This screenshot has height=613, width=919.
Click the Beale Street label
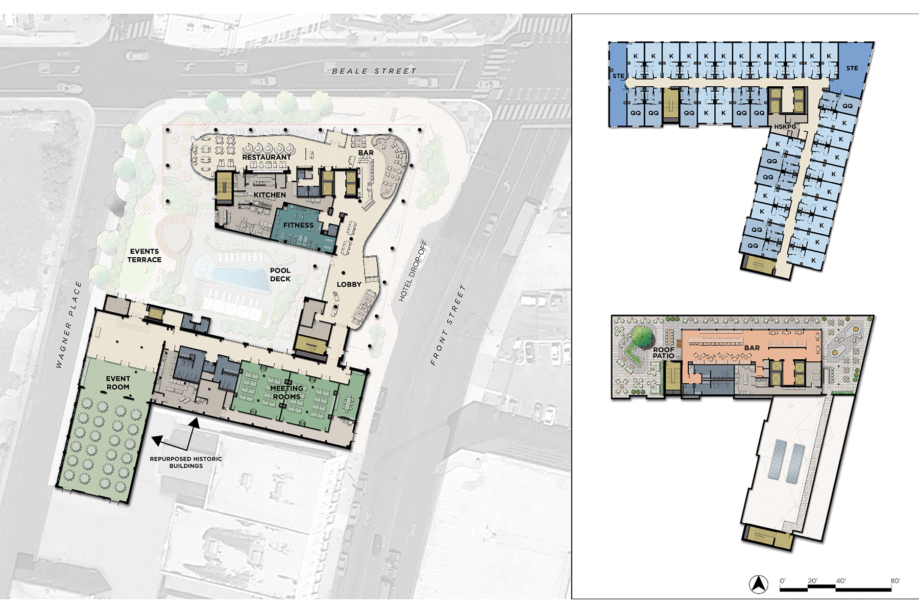pyautogui.click(x=374, y=71)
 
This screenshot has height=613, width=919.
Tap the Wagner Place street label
pyautogui.click(x=68, y=324)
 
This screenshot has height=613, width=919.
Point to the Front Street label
pyautogui.click(x=448, y=325)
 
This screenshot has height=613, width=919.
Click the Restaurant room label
pyautogui.click(x=267, y=157)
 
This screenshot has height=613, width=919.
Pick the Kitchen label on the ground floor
pyautogui.click(x=270, y=195)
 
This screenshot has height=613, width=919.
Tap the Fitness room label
pyautogui.click(x=298, y=225)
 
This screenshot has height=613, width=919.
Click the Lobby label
pyautogui.click(x=349, y=284)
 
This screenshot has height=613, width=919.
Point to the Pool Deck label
pyautogui.click(x=280, y=275)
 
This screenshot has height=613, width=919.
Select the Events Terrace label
pyautogui.click(x=144, y=255)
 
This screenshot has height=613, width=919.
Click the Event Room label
pyautogui.click(x=118, y=383)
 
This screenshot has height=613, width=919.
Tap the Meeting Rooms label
pyautogui.click(x=286, y=393)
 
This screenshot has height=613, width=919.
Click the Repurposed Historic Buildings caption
pyautogui.click(x=186, y=462)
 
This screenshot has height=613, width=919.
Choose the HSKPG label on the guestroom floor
pyautogui.click(x=785, y=127)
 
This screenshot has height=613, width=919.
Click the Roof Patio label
pyautogui.click(x=664, y=353)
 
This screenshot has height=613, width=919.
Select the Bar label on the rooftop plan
pyautogui.click(x=752, y=348)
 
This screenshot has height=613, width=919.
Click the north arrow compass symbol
pyautogui.click(x=759, y=584)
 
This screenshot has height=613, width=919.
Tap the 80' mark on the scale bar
pyautogui.click(x=895, y=581)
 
